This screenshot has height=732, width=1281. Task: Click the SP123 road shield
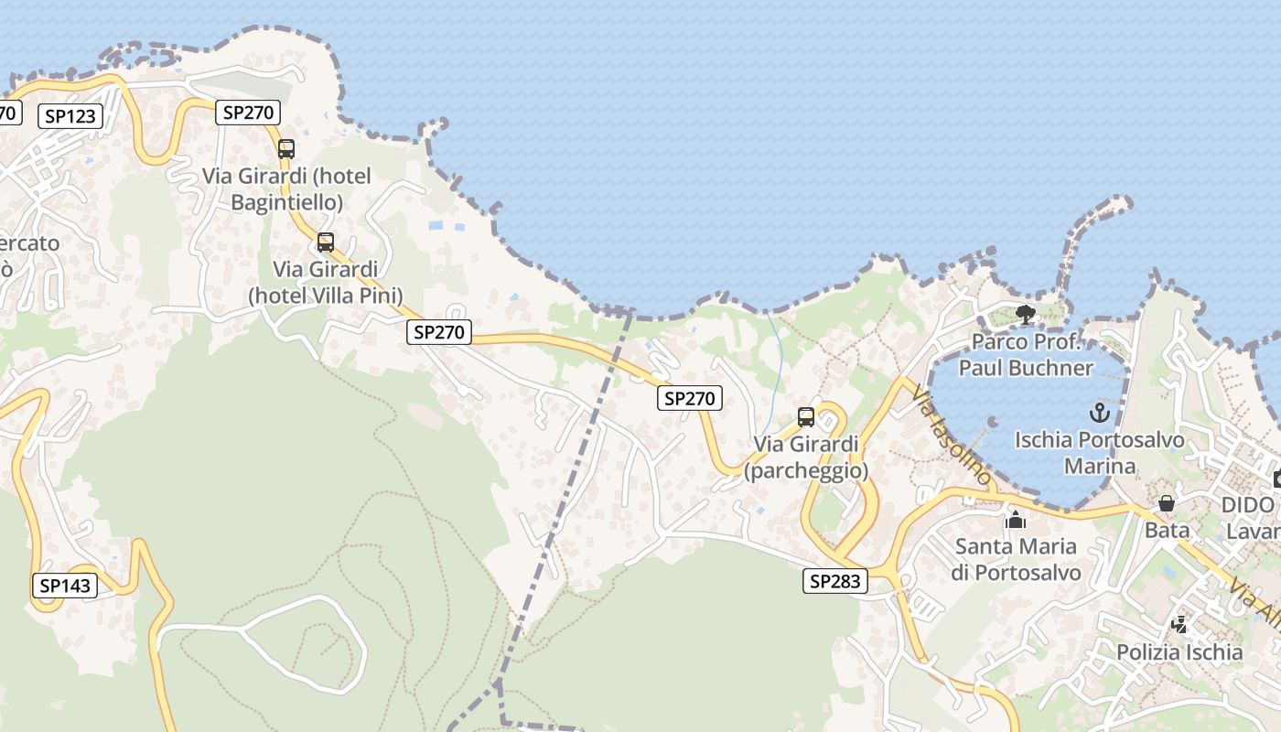[x=70, y=116]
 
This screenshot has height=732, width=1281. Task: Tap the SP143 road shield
[x=65, y=586]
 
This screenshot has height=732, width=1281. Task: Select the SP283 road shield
[x=835, y=581]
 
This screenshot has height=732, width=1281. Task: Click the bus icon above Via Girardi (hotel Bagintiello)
[x=286, y=149]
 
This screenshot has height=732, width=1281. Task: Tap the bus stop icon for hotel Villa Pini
[x=326, y=242]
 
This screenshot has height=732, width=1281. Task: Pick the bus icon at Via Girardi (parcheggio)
[x=806, y=417]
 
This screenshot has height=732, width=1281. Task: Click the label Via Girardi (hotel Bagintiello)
[x=286, y=188]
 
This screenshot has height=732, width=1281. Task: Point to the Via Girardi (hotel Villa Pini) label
[x=326, y=282]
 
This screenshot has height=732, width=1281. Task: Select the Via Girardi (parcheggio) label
[x=806, y=457]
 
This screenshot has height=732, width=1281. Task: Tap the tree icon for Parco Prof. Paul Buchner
[x=1026, y=316]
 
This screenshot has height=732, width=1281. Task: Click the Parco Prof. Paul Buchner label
[x=1026, y=355]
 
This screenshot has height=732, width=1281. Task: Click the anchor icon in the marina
[x=1100, y=413]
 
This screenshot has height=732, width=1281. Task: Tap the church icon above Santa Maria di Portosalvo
[x=1016, y=520]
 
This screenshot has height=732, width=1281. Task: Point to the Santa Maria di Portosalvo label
[x=1016, y=559]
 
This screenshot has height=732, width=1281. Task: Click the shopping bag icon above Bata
[x=1167, y=503]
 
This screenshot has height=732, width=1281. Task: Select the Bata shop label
[x=1167, y=530]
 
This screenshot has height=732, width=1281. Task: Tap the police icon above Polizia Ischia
[x=1179, y=625]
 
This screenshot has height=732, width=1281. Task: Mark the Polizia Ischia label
[x=1179, y=652]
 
